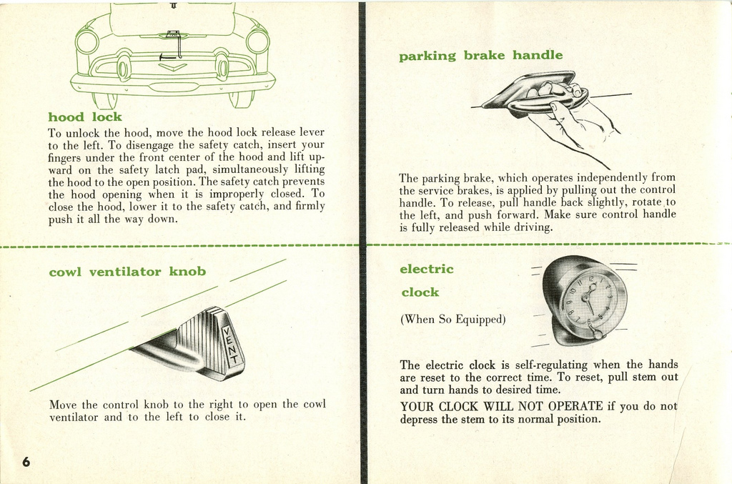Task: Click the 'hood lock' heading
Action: (84, 117)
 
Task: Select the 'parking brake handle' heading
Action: (480, 56)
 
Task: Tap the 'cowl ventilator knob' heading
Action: (127, 272)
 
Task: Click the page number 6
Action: (26, 461)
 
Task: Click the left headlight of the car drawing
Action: (86, 41)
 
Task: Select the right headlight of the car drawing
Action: (257, 41)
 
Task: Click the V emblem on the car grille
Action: (172, 67)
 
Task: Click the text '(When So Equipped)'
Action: (452, 320)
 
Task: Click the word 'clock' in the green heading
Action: (420, 292)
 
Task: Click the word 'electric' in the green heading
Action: (427, 270)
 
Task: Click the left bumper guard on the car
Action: (124, 69)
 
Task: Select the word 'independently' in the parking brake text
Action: (612, 178)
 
